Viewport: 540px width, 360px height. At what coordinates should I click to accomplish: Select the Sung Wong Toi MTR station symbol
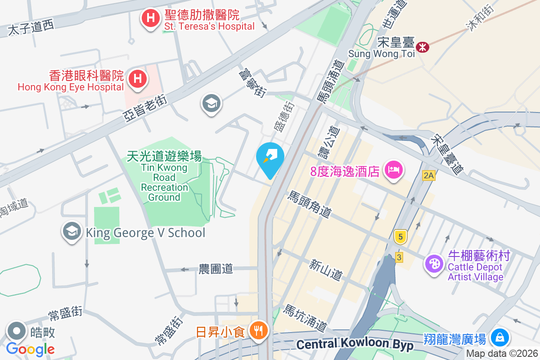[422, 47]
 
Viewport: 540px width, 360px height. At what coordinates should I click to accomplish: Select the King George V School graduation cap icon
[72, 232]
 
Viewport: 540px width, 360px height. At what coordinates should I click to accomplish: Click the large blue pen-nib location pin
[270, 159]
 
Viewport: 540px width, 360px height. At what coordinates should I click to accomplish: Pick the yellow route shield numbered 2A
[428, 176]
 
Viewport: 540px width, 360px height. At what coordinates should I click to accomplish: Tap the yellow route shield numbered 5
[400, 236]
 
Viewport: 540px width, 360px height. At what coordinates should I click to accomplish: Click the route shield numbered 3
[399, 257]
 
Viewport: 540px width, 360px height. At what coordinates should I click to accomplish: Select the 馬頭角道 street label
[309, 205]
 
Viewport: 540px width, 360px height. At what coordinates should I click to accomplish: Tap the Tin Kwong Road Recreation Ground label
[164, 176]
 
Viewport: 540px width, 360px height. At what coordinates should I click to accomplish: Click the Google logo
[31, 349]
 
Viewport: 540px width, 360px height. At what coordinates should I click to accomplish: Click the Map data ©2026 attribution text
[502, 354]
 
